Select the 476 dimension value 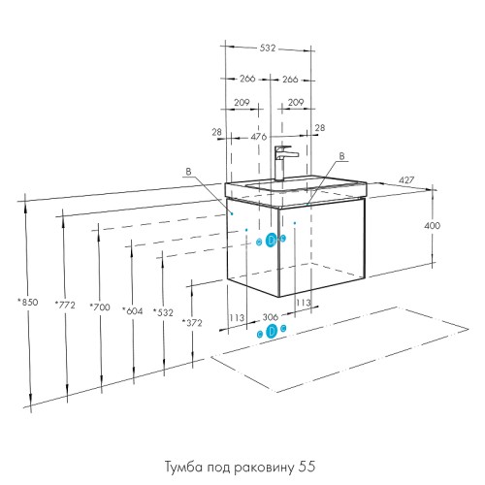click(259, 138)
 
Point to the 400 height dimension click(433, 225)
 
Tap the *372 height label click(192, 322)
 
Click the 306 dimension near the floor click(271, 315)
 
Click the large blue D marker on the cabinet click(272, 241)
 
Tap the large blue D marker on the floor click(272, 332)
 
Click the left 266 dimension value click(246, 81)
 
